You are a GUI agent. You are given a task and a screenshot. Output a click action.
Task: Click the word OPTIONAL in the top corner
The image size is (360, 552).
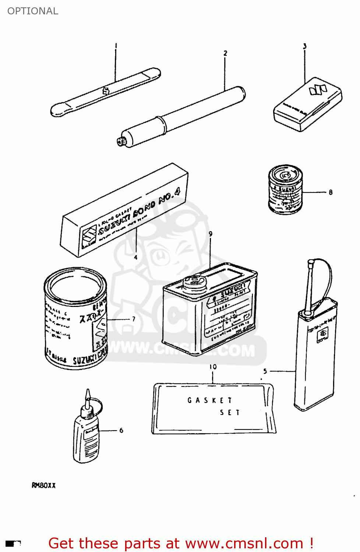33,11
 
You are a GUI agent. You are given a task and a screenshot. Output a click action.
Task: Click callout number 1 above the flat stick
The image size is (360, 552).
116,46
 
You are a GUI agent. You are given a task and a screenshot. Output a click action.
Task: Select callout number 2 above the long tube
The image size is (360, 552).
225,53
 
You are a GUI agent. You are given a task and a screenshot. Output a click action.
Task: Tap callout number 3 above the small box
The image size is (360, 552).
304,46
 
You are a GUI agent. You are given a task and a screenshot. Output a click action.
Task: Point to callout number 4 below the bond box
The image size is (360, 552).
135,257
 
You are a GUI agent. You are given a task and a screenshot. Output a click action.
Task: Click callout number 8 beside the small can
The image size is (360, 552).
331,192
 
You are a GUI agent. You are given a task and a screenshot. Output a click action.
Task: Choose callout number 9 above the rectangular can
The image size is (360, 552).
210,234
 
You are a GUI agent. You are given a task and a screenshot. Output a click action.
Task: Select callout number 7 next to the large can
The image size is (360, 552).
133,319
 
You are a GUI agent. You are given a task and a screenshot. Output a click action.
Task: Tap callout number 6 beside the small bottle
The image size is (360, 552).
121,430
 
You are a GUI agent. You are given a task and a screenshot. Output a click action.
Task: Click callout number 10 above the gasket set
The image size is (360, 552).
213,367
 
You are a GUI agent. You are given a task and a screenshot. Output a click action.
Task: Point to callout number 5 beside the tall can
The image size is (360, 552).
265,371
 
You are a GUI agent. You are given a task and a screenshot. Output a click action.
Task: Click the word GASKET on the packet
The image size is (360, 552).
209,400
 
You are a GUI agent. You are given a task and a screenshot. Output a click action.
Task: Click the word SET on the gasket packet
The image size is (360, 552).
230,413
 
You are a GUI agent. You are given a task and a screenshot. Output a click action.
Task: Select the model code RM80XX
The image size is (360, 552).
43,485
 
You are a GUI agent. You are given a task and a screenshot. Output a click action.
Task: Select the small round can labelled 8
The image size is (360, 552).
285,189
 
